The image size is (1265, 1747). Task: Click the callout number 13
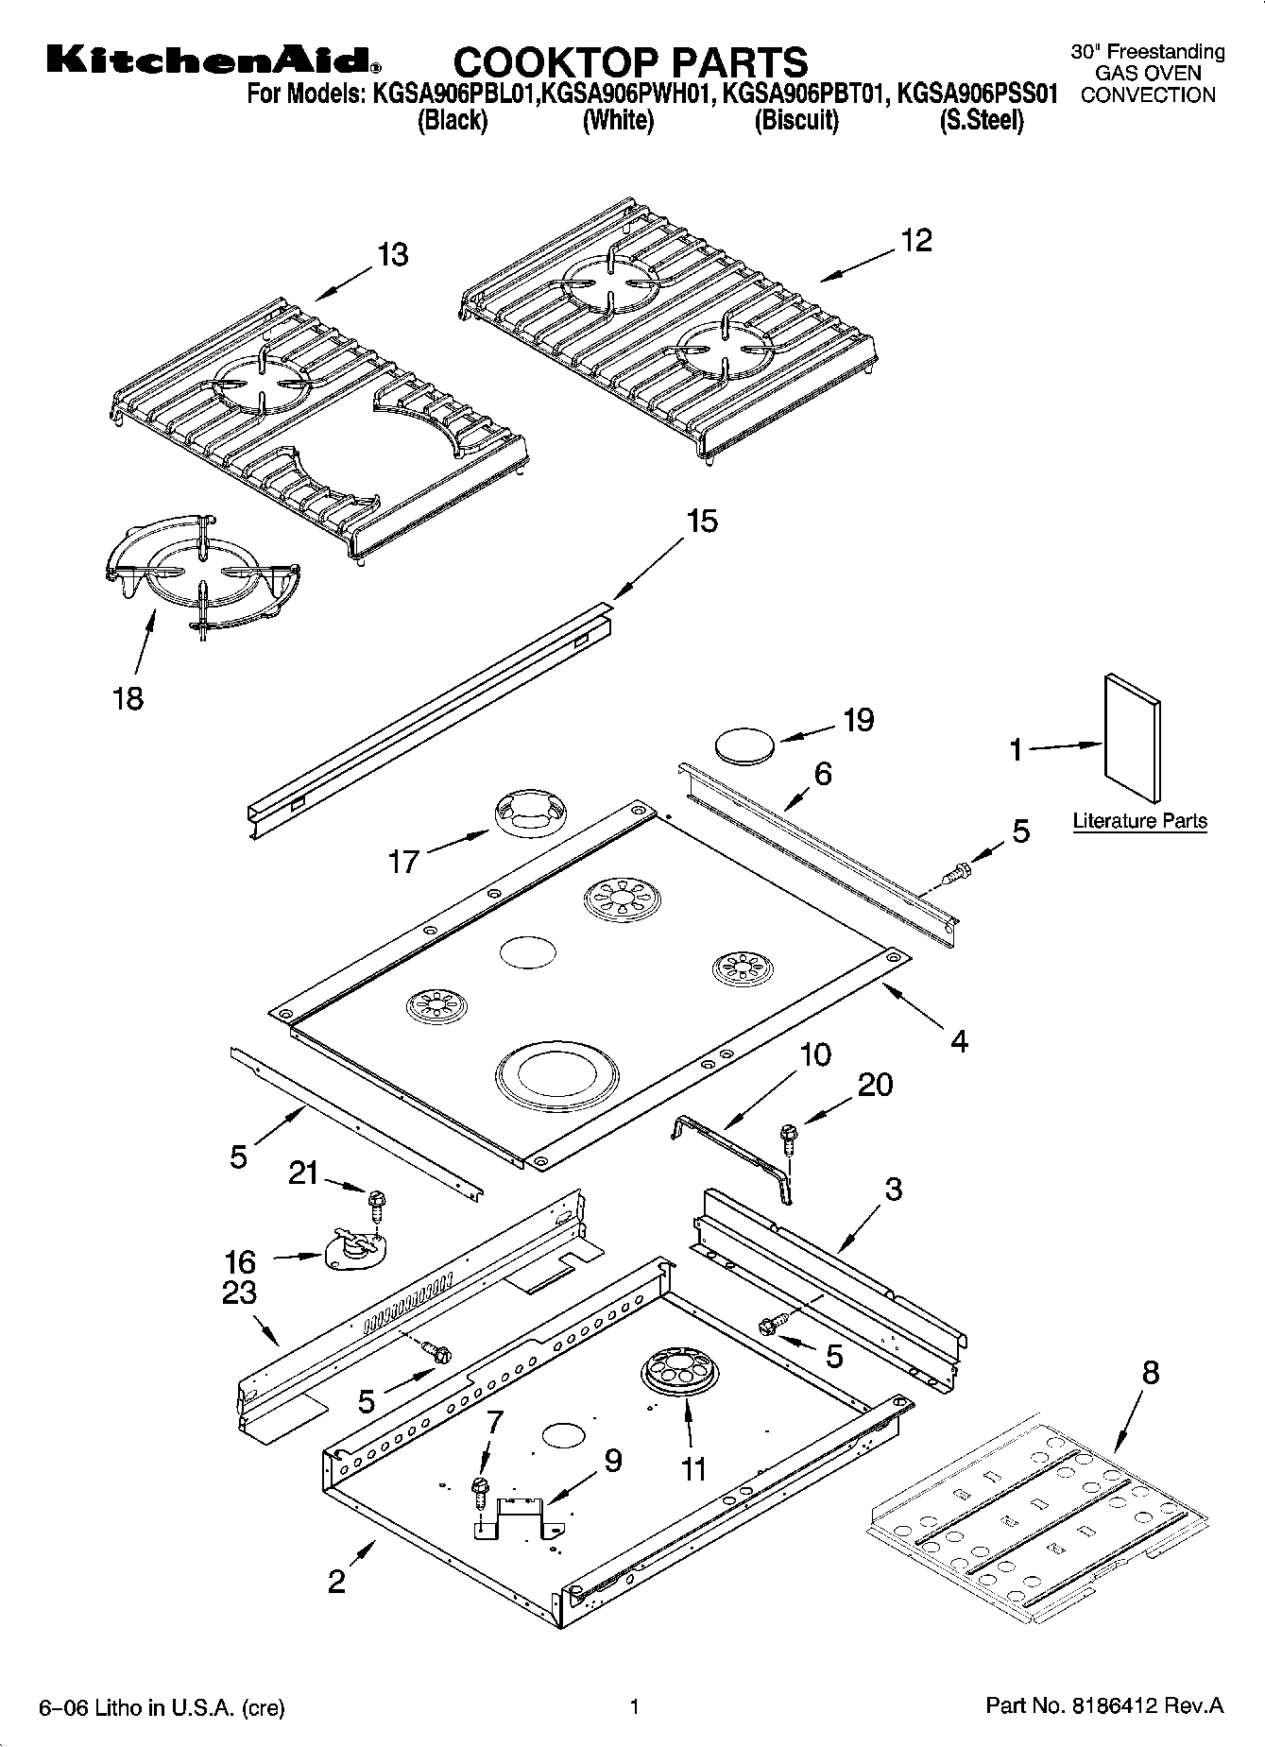click(x=392, y=255)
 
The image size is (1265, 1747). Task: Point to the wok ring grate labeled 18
click(x=200, y=573)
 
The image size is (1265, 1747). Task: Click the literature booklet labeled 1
click(x=1133, y=738)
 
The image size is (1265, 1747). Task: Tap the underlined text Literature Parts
click(x=1139, y=821)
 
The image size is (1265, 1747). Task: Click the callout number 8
click(x=1149, y=1373)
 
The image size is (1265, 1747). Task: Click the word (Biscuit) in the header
click(x=796, y=121)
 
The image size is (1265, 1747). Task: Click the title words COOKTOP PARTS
click(x=630, y=62)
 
